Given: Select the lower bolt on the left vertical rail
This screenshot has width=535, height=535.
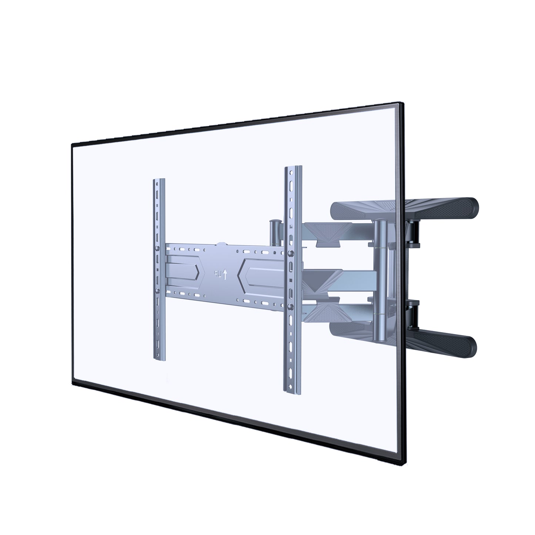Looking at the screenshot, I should (158, 291).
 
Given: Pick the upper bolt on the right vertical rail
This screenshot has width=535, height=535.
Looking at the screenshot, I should (291, 254).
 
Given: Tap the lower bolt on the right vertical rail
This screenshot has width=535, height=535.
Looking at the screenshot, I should (291, 306).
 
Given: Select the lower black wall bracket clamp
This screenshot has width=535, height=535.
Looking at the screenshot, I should (414, 315).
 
